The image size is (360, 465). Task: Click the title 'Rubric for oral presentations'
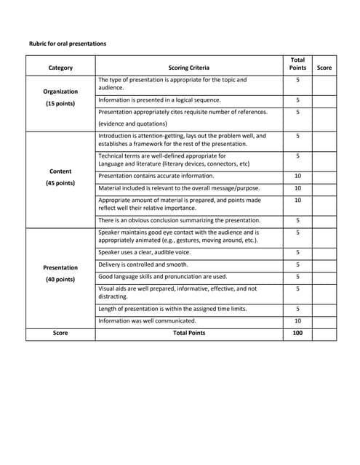(x=67, y=44)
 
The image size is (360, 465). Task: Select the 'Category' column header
(x=60, y=68)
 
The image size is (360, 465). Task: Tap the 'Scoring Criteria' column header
(x=188, y=68)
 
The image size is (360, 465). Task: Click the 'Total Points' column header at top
(x=297, y=63)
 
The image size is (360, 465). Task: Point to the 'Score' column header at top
(x=324, y=68)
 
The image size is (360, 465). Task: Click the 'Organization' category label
(x=60, y=92)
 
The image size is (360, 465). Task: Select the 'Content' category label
(x=60, y=171)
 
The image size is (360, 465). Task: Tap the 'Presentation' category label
(x=60, y=267)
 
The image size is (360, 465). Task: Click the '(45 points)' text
(x=60, y=183)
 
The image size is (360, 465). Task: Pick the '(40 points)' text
(x=60, y=279)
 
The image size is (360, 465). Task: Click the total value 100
(x=297, y=333)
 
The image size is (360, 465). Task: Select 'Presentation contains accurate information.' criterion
(x=156, y=176)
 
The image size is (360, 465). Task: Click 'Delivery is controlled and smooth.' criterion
(x=143, y=264)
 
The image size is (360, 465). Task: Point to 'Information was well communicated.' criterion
(x=147, y=320)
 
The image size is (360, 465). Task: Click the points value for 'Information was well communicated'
(x=297, y=320)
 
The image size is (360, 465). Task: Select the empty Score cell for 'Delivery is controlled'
(x=324, y=264)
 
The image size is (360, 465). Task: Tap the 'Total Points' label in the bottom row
(x=188, y=333)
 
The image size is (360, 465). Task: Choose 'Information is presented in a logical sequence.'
(x=159, y=100)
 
